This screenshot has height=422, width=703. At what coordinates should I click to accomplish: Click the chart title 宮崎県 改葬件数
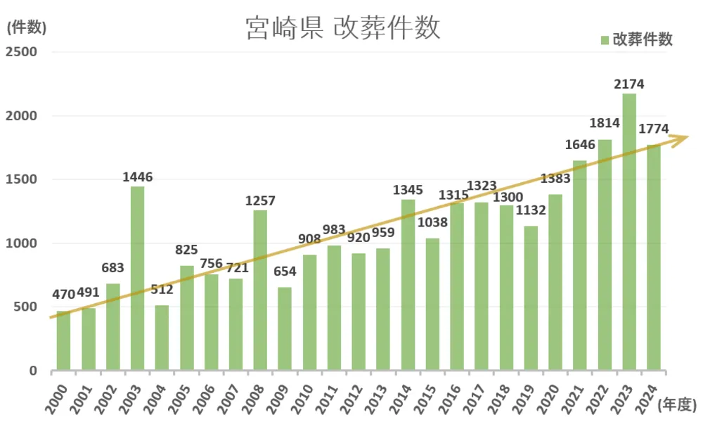[343, 28]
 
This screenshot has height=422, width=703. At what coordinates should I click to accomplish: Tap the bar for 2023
[629, 232]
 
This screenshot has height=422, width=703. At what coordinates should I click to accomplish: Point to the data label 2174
[628, 84]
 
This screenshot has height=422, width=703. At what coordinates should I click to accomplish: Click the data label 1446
[137, 177]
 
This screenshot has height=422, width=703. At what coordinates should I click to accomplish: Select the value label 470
[63, 295]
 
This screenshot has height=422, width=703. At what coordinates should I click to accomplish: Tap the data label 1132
[531, 210]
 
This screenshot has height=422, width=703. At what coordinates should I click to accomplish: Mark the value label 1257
[260, 201]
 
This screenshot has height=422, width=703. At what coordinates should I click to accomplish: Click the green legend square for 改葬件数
[605, 40]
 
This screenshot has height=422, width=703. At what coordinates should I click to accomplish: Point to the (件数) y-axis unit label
[26, 28]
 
